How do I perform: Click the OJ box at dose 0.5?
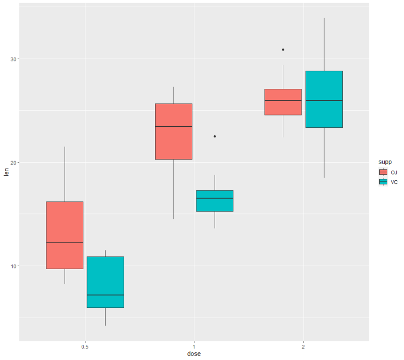(x=65, y=235)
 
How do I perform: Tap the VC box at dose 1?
(x=215, y=200)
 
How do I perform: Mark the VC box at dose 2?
(x=324, y=99)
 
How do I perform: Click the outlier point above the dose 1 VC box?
(x=215, y=136)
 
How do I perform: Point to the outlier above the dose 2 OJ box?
(x=283, y=49)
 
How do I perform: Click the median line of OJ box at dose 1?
(x=174, y=126)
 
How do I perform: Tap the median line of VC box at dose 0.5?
(x=105, y=295)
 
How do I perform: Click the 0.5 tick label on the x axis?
(x=85, y=347)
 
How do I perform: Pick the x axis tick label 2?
(x=304, y=347)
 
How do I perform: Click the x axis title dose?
(x=194, y=354)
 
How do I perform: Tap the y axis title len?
(x=7, y=173)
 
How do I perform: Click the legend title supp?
(x=386, y=162)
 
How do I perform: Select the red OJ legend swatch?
(x=383, y=172)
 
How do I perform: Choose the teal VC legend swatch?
(x=383, y=182)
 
